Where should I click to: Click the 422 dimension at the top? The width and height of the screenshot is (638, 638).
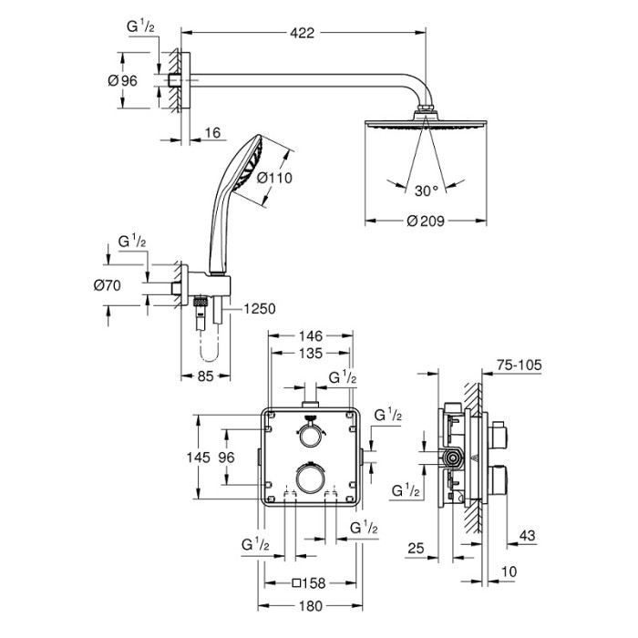303,34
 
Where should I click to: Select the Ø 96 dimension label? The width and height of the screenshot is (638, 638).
121,81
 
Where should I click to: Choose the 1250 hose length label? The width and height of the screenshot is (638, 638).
257,310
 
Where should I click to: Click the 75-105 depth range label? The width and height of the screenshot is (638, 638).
517,365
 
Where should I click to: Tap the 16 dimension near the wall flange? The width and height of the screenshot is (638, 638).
211,133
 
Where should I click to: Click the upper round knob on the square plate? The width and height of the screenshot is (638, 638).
310,436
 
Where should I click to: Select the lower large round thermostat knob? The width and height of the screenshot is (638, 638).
310,478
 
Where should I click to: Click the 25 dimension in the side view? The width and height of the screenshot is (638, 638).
417,549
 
